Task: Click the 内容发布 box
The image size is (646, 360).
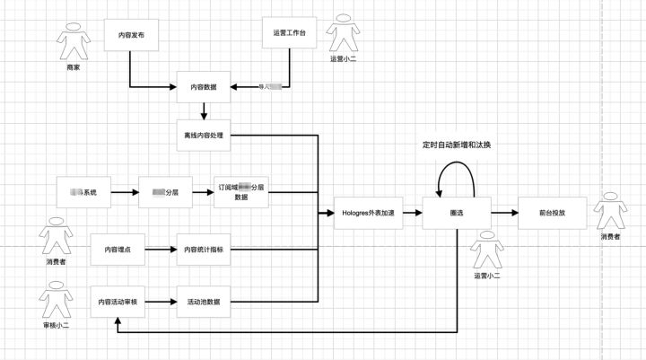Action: (131, 35)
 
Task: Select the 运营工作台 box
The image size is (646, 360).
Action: (289, 32)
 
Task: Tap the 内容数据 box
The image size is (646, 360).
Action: (205, 87)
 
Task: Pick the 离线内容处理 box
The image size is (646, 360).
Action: (205, 136)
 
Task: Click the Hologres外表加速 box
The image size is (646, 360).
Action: (366, 214)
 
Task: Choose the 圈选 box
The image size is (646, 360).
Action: (457, 214)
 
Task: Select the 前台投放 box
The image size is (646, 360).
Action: (552, 214)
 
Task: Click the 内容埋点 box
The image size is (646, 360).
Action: (118, 249)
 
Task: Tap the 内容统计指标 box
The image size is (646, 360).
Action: (205, 249)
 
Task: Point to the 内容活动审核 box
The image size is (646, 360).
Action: (118, 302)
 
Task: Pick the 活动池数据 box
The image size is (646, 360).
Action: (205, 302)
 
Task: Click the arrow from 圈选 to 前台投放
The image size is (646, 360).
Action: (504, 214)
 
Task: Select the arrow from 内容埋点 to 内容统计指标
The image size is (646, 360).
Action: (161, 249)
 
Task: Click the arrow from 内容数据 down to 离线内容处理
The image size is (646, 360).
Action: (205, 111)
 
